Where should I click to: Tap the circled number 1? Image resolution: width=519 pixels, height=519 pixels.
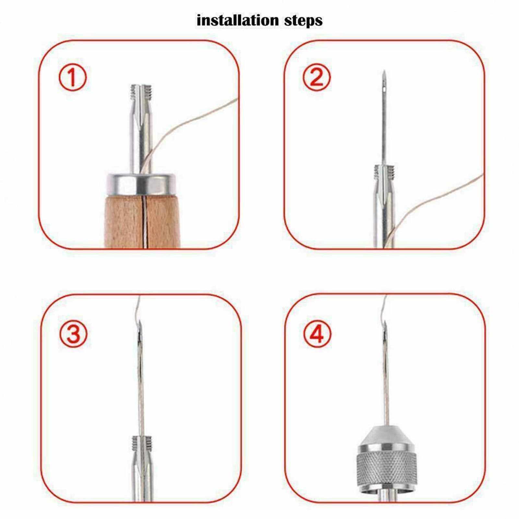(x=73, y=77)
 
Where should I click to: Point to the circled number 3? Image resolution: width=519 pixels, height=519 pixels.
(x=73, y=334)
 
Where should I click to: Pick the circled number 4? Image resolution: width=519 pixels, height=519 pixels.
(x=318, y=334)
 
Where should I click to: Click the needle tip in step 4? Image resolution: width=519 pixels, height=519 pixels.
(x=386, y=323)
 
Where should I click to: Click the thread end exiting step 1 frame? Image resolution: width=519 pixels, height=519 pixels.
(x=237, y=100)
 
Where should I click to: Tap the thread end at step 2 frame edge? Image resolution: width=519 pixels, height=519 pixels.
(x=482, y=175)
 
